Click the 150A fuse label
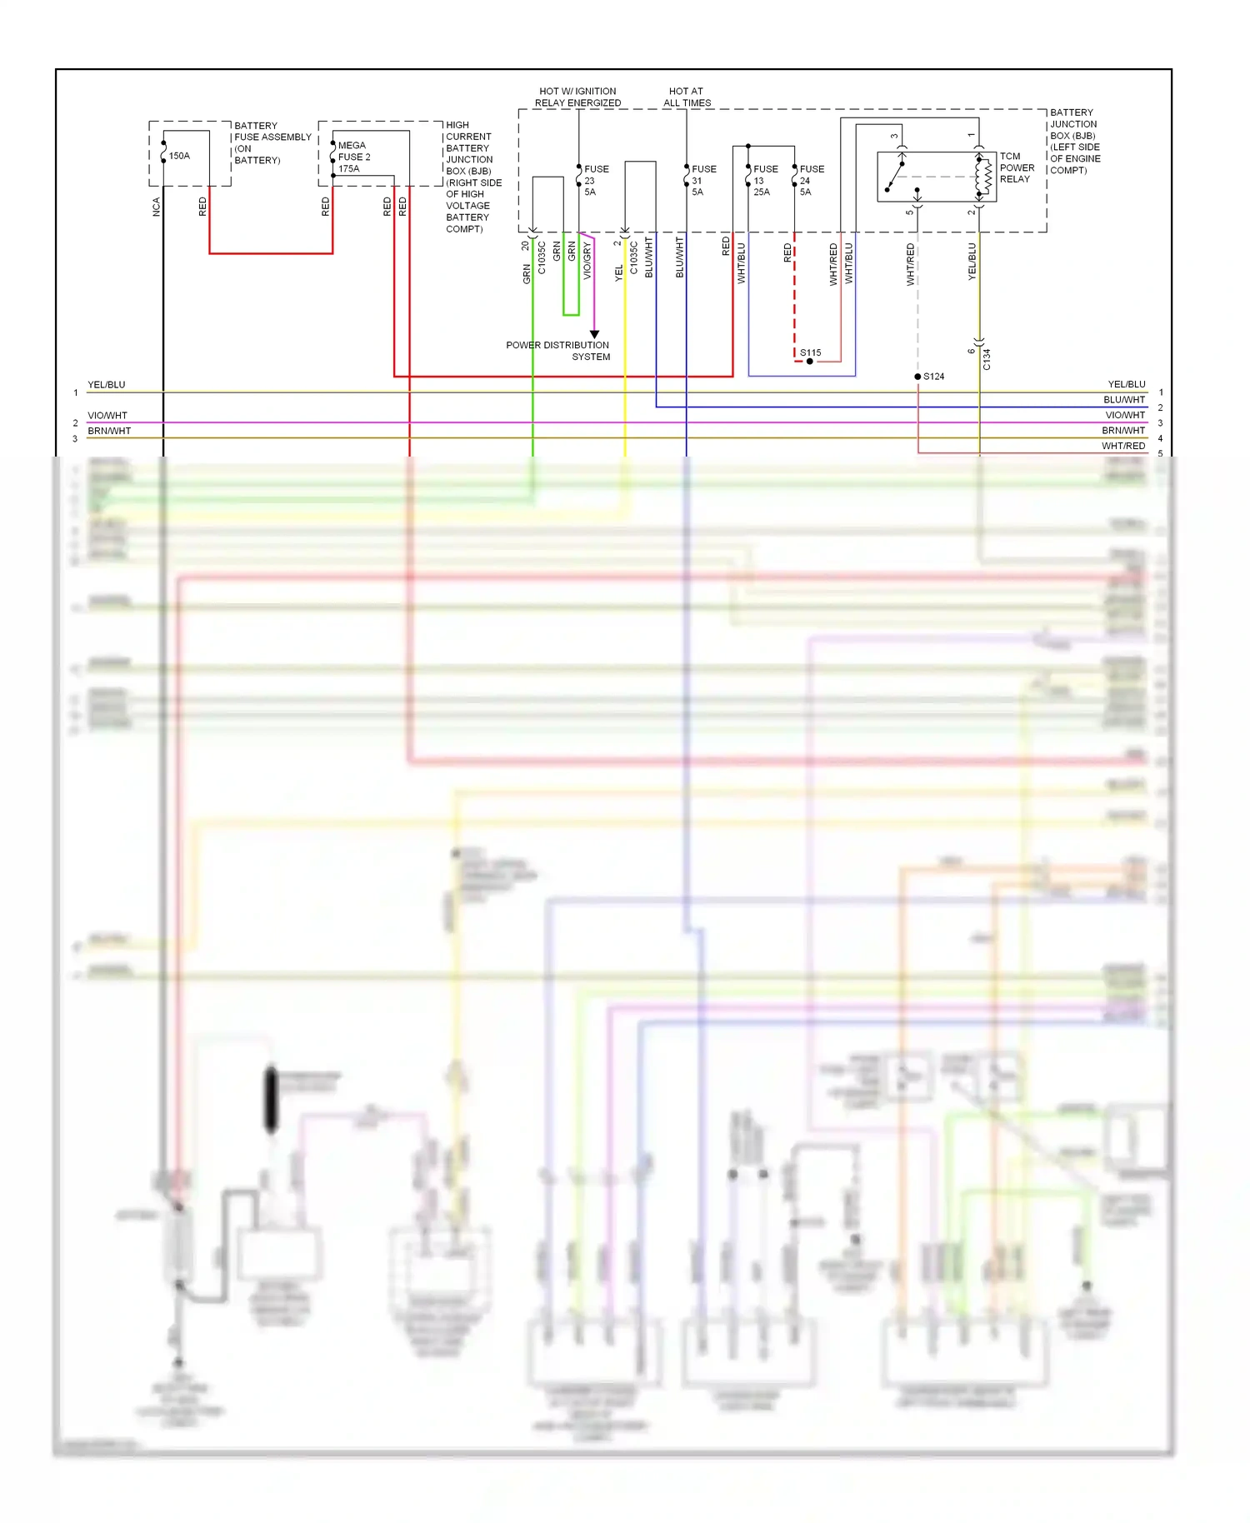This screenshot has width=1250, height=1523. click(x=179, y=156)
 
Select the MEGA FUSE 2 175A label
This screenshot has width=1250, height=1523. click(x=353, y=157)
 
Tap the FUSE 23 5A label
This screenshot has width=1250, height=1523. click(x=596, y=180)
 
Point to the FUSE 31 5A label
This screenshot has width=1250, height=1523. click(x=702, y=180)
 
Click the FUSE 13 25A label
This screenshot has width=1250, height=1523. click(x=764, y=180)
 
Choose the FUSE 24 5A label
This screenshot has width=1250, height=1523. click(x=811, y=180)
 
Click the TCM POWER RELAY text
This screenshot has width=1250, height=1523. click(x=1017, y=167)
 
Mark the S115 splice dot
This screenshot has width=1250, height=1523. click(x=809, y=361)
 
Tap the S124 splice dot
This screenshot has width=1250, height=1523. click(x=917, y=377)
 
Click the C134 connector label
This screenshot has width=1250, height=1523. click(x=987, y=359)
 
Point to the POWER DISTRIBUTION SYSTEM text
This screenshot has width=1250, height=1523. click(x=557, y=351)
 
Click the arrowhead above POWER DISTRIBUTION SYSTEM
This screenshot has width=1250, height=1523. click(x=594, y=334)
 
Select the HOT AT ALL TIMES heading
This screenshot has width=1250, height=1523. click(x=687, y=97)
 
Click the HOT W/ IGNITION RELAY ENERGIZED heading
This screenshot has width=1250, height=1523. click(x=577, y=97)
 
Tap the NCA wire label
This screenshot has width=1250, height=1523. click(x=156, y=207)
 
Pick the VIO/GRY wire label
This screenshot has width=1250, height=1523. click(x=587, y=261)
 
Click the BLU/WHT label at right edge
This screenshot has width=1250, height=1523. click(x=1123, y=400)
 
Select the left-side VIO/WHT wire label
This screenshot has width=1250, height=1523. click(x=107, y=415)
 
